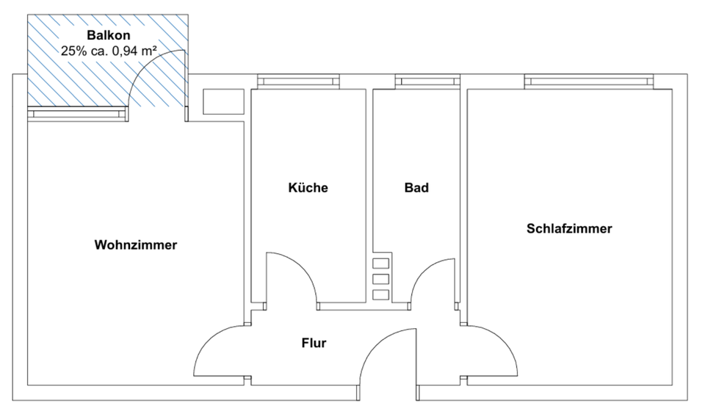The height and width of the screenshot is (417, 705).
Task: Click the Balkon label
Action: tap(109, 35)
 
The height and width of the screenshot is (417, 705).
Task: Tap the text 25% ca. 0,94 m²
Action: tap(109, 51)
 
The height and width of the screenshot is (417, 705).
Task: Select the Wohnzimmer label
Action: tap(136, 245)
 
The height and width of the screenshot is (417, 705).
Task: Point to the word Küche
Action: tap(308, 188)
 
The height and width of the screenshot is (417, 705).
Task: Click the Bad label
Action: tap(416, 188)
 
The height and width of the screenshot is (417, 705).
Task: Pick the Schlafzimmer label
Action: tap(569, 228)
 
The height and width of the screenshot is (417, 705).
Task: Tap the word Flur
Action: tap(314, 343)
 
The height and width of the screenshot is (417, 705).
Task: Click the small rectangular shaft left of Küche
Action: tap(223, 101)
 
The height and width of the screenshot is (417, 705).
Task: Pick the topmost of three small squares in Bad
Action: tap(380, 264)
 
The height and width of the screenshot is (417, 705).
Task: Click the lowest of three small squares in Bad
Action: tap(380, 294)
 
